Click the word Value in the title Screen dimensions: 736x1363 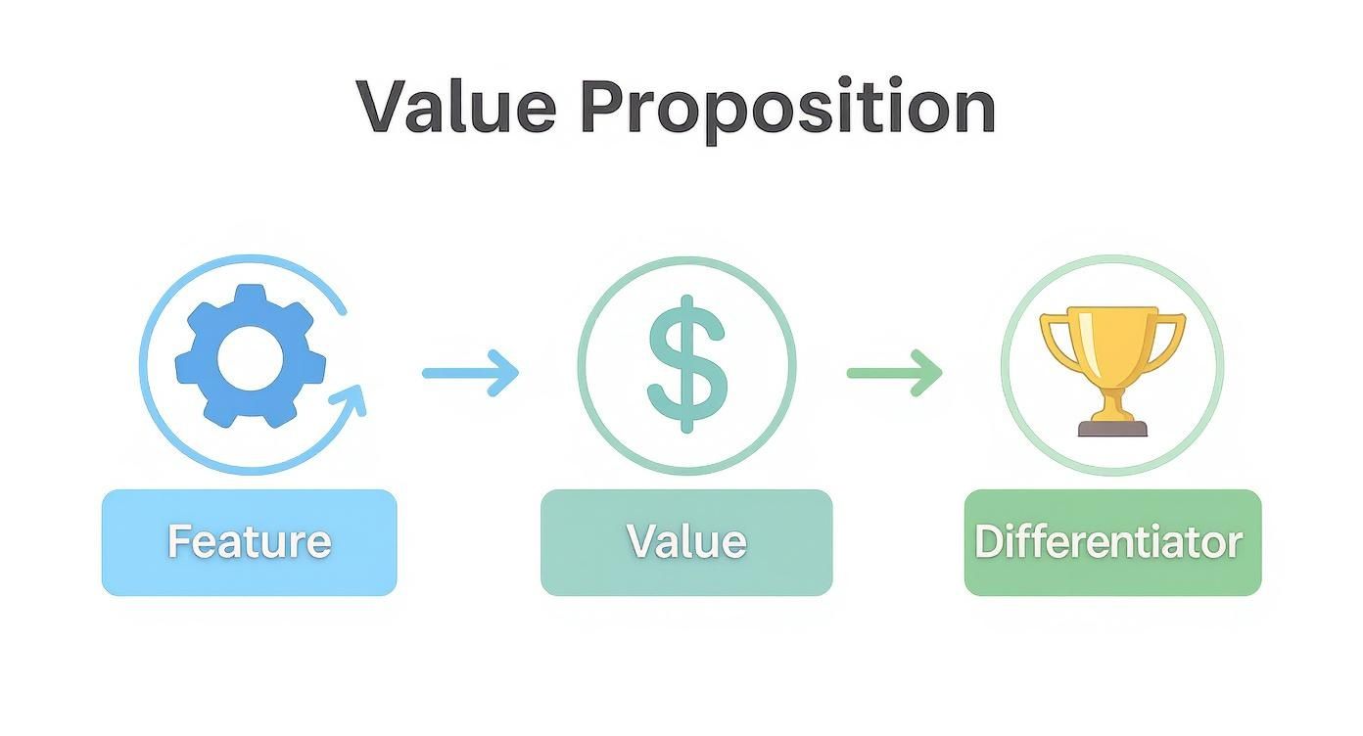pyautogui.click(x=456, y=106)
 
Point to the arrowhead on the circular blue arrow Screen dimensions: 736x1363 pyautogui.click(x=352, y=398)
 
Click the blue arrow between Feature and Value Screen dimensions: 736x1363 pyautogui.click(x=470, y=373)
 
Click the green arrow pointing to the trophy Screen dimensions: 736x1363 pyautogui.click(x=894, y=373)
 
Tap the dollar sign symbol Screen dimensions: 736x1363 pyautogui.click(x=687, y=363)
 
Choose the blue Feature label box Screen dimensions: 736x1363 pyautogui.click(x=250, y=542)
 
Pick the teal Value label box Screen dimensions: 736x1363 pyautogui.click(x=686, y=542)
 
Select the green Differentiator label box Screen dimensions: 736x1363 pyautogui.click(x=1112, y=542)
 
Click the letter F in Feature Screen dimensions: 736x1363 pyautogui.click(x=179, y=541)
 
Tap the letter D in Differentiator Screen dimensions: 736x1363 pyautogui.click(x=989, y=541)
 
